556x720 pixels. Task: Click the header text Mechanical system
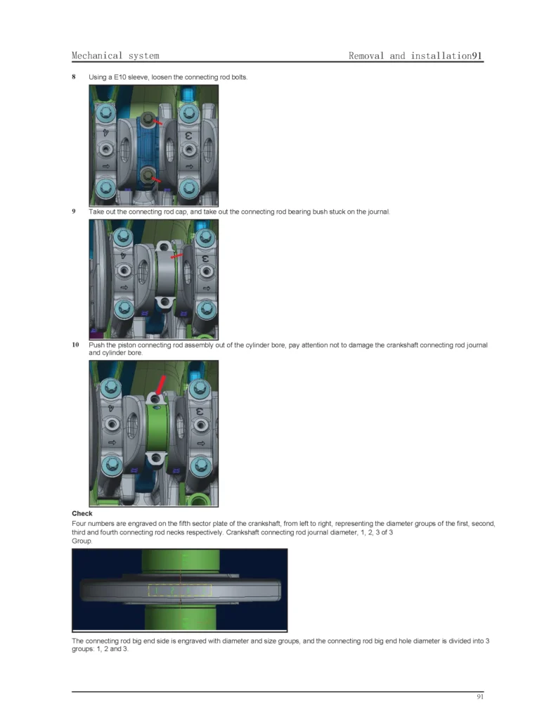pyautogui.click(x=115, y=56)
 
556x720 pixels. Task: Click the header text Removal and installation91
pyautogui.click(x=415, y=56)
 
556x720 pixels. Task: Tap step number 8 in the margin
pyautogui.click(x=74, y=77)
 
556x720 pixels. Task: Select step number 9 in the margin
pyautogui.click(x=74, y=211)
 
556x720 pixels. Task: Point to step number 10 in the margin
pyautogui.click(x=75, y=345)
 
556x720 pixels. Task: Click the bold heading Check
pyautogui.click(x=82, y=513)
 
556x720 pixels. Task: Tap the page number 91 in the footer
pyautogui.click(x=479, y=697)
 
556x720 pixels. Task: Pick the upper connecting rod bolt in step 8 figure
pyautogui.click(x=148, y=119)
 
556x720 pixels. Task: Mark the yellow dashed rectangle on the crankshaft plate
pyautogui.click(x=180, y=590)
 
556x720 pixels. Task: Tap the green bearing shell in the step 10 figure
pyautogui.click(x=157, y=429)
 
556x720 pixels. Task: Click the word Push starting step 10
pyautogui.click(x=96, y=345)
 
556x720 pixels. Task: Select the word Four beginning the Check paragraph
pyautogui.click(x=79, y=523)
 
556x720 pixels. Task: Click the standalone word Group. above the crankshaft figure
pyautogui.click(x=82, y=541)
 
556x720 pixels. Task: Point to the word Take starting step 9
pyautogui.click(x=96, y=211)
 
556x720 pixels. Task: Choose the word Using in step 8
pyautogui.click(x=98, y=77)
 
